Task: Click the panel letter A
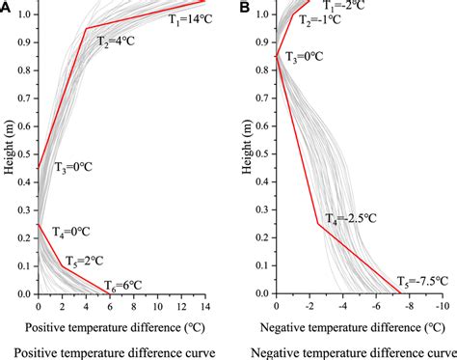tap(7, 7)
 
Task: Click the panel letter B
tap(245, 7)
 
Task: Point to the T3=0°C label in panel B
tap(306, 57)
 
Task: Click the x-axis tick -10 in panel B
tap(443, 305)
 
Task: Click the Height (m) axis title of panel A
tap(9, 154)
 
